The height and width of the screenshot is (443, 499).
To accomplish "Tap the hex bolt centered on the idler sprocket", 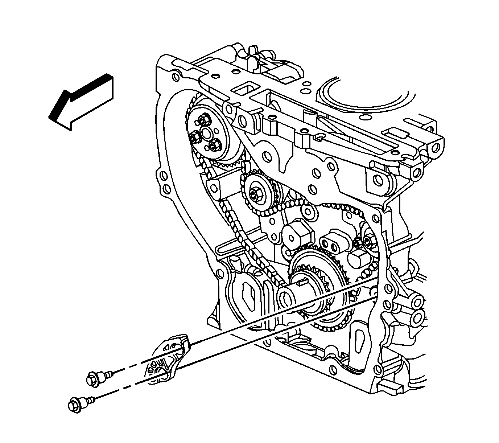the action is point(255,194).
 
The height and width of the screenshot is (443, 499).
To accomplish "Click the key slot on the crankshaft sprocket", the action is point(302,279).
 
